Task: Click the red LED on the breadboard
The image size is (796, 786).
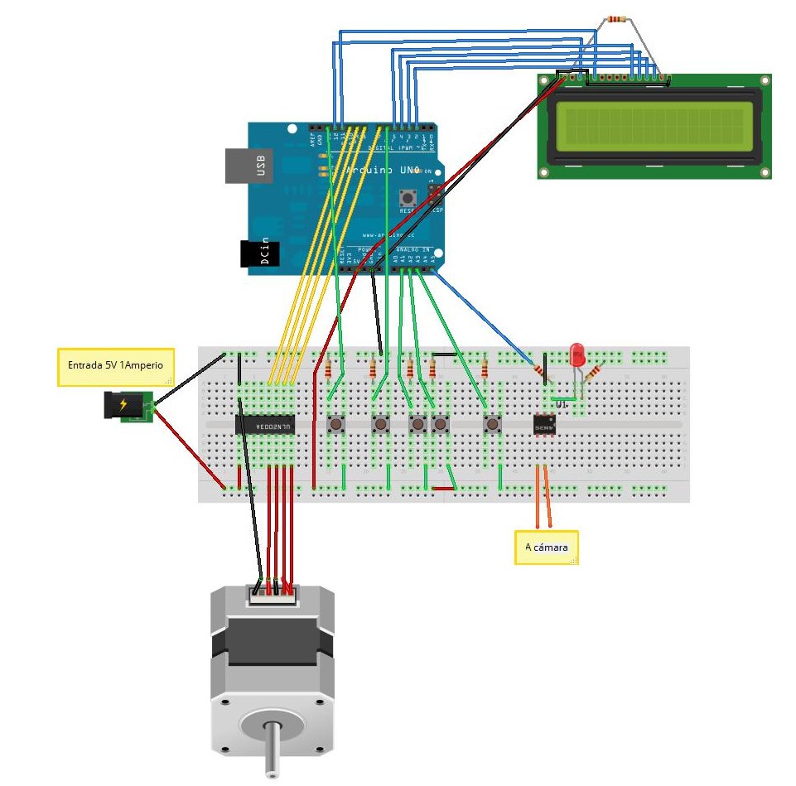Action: click(x=578, y=357)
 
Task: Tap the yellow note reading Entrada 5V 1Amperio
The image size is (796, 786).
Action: click(x=115, y=366)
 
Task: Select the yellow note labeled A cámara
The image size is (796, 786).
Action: click(x=546, y=547)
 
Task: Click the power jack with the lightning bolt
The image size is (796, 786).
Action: click(x=124, y=405)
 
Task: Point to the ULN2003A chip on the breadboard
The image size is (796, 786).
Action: click(x=265, y=425)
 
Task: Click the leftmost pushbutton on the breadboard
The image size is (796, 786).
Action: click(x=337, y=425)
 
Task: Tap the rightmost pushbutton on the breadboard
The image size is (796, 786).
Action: click(x=492, y=425)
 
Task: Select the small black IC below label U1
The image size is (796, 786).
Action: click(x=544, y=425)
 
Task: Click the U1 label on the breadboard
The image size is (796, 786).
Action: click(x=561, y=403)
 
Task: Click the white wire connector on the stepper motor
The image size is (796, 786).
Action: click(x=271, y=593)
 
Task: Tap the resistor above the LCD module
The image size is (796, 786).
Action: click(x=616, y=18)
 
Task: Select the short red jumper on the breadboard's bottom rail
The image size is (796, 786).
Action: click(x=442, y=489)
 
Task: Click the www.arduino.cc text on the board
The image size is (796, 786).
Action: click(x=384, y=234)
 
